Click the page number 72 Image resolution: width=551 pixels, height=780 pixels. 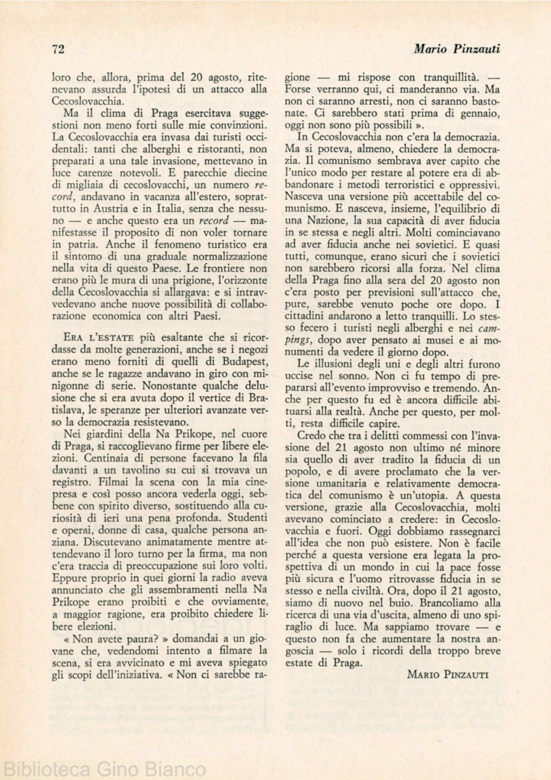[59, 48]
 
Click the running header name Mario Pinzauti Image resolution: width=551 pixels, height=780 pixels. [457, 48]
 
